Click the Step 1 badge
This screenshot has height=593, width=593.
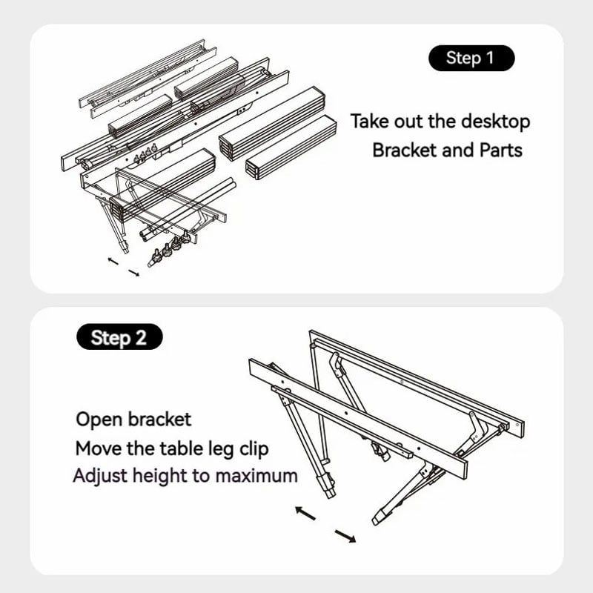point(471,58)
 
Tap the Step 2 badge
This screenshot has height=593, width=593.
point(119,337)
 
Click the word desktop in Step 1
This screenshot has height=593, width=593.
point(495,122)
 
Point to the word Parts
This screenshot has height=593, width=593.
point(501,150)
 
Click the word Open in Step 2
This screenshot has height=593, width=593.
point(100,420)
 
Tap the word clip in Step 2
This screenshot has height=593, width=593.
point(254,448)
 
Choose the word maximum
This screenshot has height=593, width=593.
point(256,476)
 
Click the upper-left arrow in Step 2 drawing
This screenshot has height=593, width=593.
point(305,513)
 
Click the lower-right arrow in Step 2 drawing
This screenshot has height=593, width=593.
point(345,536)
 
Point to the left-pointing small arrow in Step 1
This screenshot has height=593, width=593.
point(113,261)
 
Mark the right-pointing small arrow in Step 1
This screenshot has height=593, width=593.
point(134,273)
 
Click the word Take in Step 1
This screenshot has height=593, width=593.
point(370,122)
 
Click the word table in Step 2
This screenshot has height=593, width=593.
point(182,448)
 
